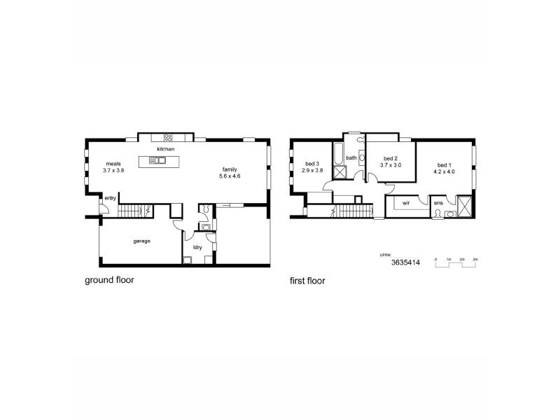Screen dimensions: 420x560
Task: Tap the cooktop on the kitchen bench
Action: tap(169, 136)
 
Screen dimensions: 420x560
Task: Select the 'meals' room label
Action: tap(113, 164)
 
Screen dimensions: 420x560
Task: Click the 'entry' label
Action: tap(110, 198)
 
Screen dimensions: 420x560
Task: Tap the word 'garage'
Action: tap(143, 241)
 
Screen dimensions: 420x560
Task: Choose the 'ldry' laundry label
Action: tap(198, 246)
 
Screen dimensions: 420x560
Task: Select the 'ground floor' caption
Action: tap(109, 281)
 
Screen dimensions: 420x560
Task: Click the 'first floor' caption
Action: tap(307, 281)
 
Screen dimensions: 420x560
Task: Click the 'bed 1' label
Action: tap(446, 159)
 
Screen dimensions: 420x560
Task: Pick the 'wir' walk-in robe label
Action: tap(405, 203)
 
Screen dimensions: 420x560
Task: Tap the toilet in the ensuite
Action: tap(438, 214)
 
